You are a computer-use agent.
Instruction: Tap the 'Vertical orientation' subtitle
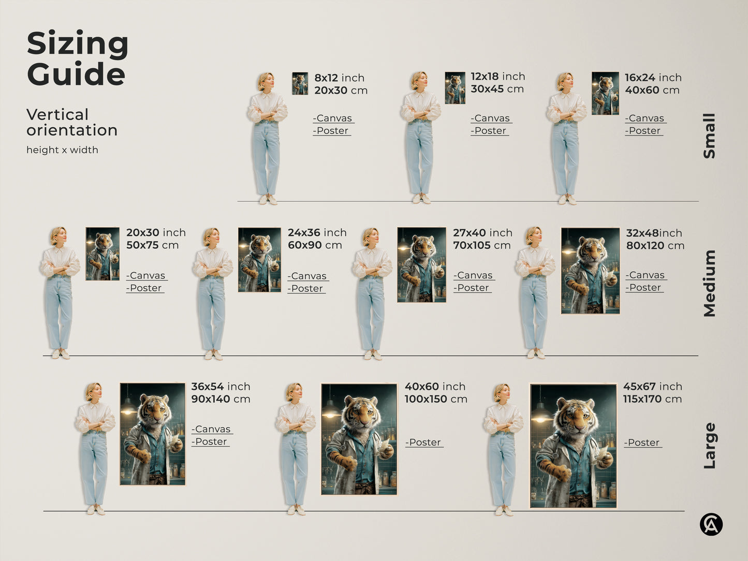71,122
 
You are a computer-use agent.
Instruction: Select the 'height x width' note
62,150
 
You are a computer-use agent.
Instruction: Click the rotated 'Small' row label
709,136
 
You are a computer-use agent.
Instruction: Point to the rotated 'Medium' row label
709,283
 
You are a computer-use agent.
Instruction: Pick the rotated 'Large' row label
709,446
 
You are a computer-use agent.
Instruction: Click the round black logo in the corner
711,524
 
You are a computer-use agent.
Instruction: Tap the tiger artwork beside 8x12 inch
300,83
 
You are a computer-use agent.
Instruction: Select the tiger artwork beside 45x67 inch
573,446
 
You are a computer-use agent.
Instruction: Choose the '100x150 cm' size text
436,399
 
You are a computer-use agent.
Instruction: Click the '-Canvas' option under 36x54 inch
212,429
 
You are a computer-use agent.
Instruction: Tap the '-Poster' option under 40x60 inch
424,442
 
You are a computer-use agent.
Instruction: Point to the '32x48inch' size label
654,233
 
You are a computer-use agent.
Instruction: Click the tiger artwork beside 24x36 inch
259,260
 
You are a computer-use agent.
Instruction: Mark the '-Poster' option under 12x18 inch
489,131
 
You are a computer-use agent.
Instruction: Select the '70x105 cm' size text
481,245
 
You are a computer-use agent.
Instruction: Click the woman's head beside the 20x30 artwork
58,235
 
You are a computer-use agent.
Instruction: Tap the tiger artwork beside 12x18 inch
455,88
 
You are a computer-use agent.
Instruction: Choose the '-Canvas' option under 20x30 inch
146,276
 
